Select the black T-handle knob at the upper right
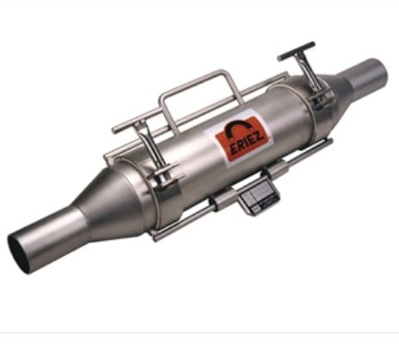tap(296, 51)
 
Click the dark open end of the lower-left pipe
tap(19, 252)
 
